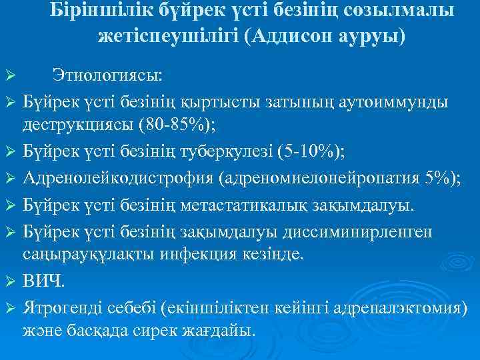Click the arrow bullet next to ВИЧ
(9, 283)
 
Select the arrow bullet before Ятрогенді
(9, 309)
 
